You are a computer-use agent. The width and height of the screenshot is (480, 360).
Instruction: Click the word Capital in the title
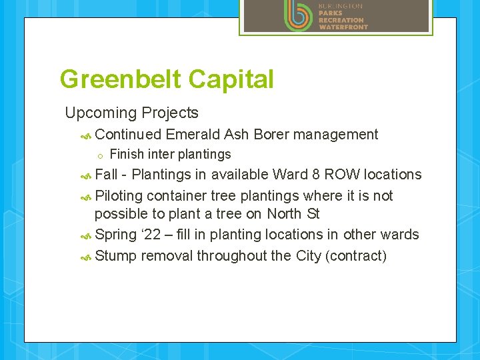point(231,79)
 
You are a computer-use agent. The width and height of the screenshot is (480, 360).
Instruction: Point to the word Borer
point(270,135)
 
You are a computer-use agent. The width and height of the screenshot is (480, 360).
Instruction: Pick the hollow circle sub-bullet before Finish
point(99,155)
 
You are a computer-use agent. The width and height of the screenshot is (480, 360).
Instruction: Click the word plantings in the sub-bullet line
point(203,155)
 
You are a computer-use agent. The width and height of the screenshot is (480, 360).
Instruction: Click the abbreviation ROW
point(344,175)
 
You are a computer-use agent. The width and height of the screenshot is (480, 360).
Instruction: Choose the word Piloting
point(119,196)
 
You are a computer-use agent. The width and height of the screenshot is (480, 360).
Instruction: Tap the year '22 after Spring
point(153,235)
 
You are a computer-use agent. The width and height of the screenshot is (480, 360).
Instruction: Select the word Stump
point(115,256)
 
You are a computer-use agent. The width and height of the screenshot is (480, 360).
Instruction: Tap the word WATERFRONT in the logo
point(343,27)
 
